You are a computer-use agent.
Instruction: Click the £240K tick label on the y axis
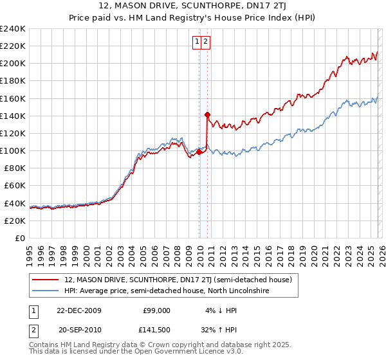click(x=13, y=29)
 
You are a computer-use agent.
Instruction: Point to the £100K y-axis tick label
click(x=13, y=150)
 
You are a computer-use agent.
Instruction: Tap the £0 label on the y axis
click(x=20, y=238)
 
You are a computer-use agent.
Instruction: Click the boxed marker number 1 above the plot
click(x=196, y=42)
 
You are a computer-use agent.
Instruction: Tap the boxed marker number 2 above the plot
click(x=205, y=42)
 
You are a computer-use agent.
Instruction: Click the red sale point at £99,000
click(x=199, y=152)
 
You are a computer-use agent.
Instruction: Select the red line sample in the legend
click(x=46, y=280)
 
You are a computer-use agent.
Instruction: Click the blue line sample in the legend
click(x=46, y=291)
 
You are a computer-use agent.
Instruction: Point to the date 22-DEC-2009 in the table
click(x=79, y=310)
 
